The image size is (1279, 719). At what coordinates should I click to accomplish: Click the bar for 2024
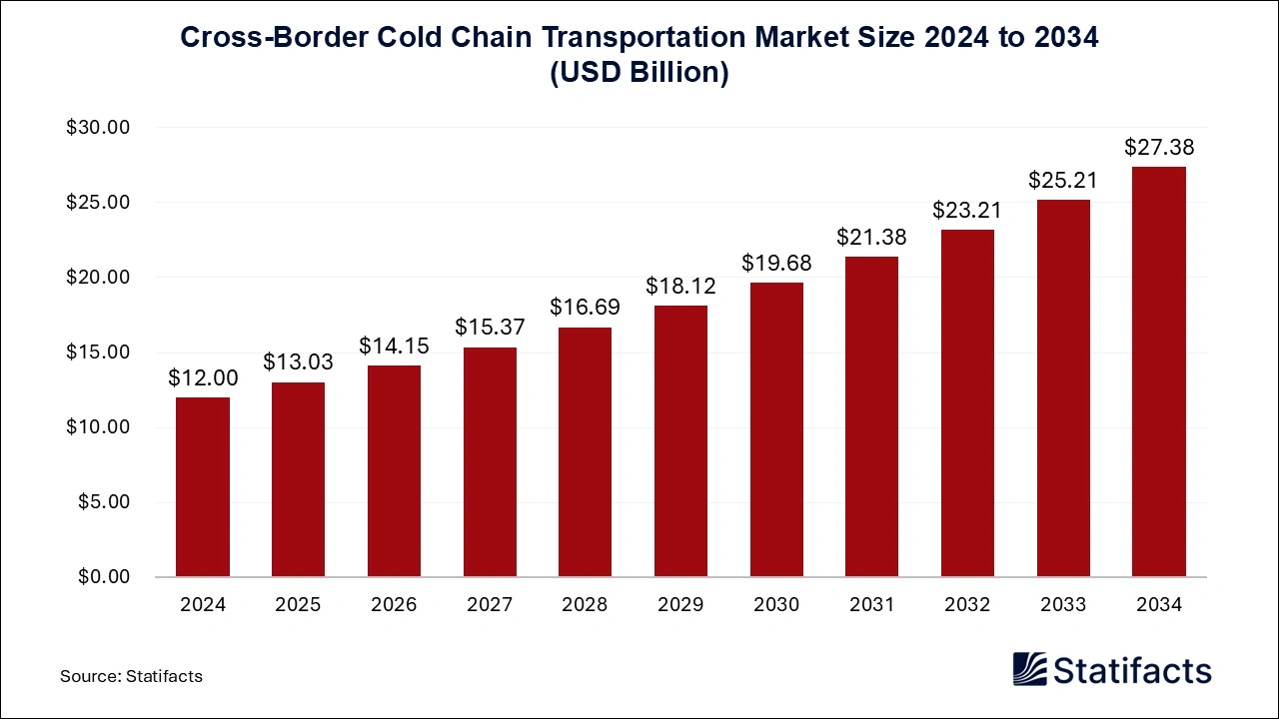click(x=203, y=487)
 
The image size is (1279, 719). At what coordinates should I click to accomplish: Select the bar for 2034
click(x=1159, y=371)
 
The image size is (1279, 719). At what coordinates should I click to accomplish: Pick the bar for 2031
click(x=871, y=416)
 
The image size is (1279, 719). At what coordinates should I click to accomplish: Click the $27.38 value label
click(x=1159, y=148)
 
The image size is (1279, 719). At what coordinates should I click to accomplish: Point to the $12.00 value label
click(x=203, y=378)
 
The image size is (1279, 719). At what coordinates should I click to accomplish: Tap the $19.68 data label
click(x=776, y=264)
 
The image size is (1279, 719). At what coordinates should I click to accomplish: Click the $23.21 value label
click(x=967, y=211)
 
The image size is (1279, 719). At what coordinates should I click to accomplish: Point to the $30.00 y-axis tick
click(x=98, y=128)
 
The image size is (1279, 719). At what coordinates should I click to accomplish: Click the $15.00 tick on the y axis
click(x=98, y=353)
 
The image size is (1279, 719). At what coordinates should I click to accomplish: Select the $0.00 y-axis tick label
click(x=103, y=577)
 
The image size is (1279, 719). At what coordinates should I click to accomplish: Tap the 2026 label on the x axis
click(x=394, y=604)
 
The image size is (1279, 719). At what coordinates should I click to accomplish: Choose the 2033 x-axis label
click(x=1063, y=604)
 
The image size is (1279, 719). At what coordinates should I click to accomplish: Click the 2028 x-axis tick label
click(x=585, y=604)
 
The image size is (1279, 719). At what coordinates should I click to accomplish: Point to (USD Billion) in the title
click(x=639, y=74)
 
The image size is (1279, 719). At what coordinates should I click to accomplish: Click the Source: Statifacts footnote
click(x=131, y=676)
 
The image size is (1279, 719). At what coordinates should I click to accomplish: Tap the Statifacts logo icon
click(x=1031, y=669)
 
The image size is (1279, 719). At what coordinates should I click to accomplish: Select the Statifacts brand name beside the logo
click(x=1133, y=670)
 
